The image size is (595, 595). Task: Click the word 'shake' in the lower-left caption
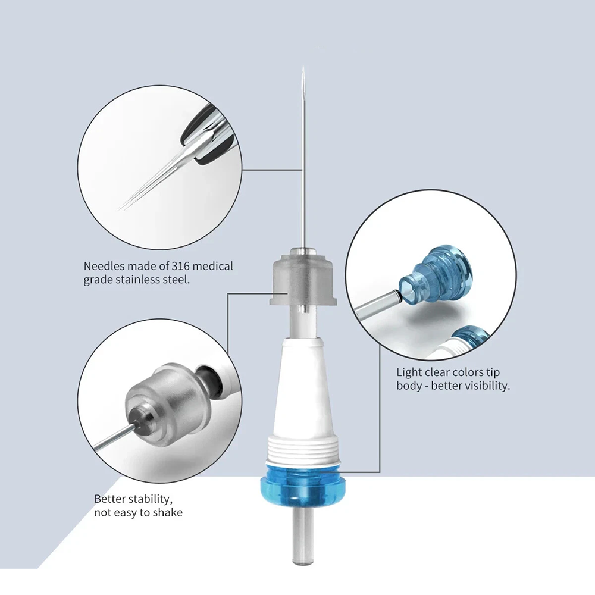click(x=168, y=512)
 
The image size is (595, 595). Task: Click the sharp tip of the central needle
click(x=303, y=67)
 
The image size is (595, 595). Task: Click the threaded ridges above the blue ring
click(x=302, y=450)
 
